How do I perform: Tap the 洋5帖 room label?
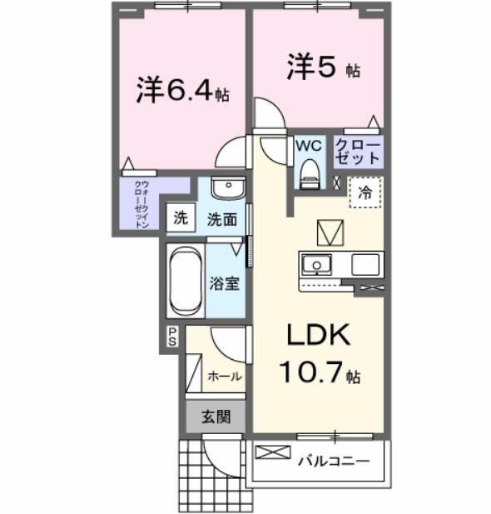(x=324, y=68)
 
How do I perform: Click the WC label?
(x=308, y=146)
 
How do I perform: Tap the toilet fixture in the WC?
(x=309, y=172)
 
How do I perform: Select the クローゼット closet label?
(x=358, y=151)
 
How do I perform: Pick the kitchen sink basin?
(x=316, y=266)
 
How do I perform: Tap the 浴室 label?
(x=225, y=282)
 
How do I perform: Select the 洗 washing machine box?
(x=181, y=219)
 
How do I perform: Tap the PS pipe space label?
(x=172, y=336)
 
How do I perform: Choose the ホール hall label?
(x=224, y=376)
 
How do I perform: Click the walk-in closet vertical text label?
(x=141, y=203)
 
